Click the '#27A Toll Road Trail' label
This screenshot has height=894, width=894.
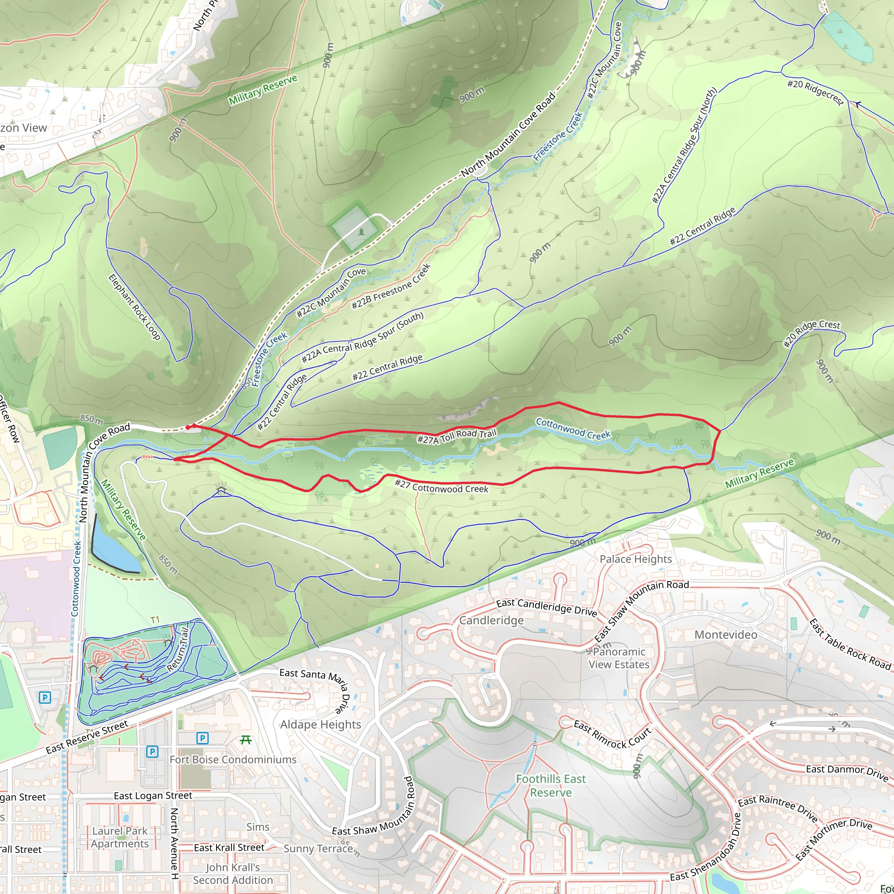pos(456,436)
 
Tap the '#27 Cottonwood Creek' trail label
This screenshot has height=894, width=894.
pos(441,486)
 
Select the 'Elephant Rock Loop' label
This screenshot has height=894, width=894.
pos(134,307)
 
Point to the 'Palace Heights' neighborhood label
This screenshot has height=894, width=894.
pos(635,559)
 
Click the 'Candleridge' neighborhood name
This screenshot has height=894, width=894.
pos(491,620)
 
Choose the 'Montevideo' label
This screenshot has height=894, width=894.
pos(726,635)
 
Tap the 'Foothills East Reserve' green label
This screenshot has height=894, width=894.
pos(550,786)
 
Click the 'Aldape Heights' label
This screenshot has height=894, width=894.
pos(320,725)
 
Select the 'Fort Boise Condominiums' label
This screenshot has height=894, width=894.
pos(233,760)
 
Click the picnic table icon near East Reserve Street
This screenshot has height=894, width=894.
pos(246,740)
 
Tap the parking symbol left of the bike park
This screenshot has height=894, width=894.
pos(45,697)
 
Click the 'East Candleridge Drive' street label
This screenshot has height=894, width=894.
pos(546,607)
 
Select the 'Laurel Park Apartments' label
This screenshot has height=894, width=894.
pos(120,837)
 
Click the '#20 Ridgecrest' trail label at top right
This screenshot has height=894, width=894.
pos(815,92)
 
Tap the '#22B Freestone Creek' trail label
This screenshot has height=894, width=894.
pos(391,286)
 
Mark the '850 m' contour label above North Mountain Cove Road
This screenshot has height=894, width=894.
pos(92,419)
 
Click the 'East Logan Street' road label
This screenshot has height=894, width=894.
pos(153,795)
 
